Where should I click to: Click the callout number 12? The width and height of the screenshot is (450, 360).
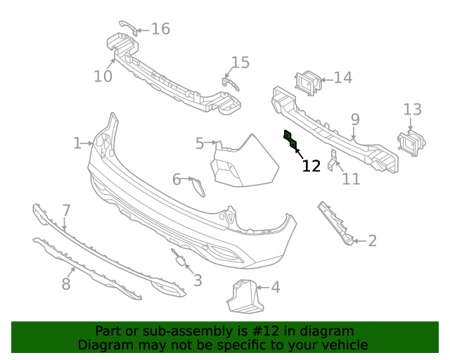[x=311, y=166]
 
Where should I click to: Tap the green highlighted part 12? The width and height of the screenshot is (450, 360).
[x=290, y=140]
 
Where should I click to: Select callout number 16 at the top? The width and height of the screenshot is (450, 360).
[x=160, y=29]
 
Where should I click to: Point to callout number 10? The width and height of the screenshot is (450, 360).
[x=103, y=76]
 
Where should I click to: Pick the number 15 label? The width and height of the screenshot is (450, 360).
[x=240, y=63]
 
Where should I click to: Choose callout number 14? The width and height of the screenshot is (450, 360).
[x=343, y=77]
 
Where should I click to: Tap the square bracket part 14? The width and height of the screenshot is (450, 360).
[x=308, y=82]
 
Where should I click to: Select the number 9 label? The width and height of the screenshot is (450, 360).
[x=355, y=120]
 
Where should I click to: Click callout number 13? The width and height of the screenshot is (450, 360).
[x=413, y=109]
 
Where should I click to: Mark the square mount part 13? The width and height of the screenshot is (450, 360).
[x=411, y=144]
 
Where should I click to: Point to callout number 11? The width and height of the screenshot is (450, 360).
[x=351, y=179]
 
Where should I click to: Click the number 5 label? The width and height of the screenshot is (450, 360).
[x=200, y=144]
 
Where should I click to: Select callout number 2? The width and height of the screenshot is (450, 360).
[x=373, y=241]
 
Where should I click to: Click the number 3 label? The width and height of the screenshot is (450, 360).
[x=198, y=281]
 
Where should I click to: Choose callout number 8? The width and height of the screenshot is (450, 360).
[x=66, y=284]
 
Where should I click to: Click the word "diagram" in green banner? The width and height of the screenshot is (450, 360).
[x=326, y=331]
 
